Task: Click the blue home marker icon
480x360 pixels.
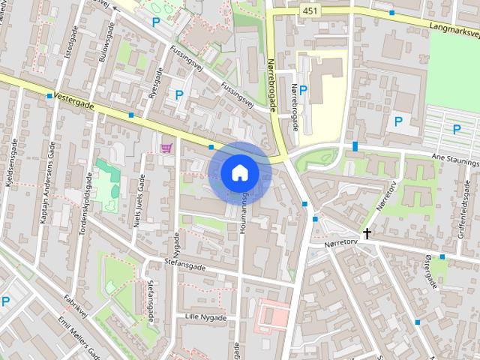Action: (x=239, y=172)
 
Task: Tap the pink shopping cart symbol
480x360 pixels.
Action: (x=166, y=147)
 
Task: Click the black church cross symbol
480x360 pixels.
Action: (x=367, y=234)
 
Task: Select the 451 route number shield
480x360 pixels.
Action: (x=310, y=10)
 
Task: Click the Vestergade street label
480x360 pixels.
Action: (x=74, y=102)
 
